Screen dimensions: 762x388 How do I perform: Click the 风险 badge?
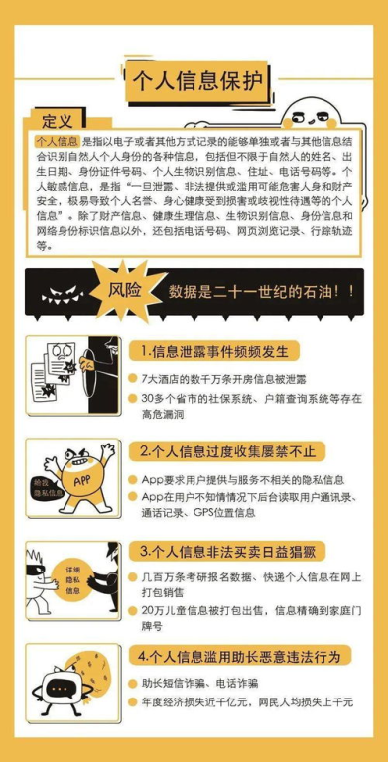coord(120,293)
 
